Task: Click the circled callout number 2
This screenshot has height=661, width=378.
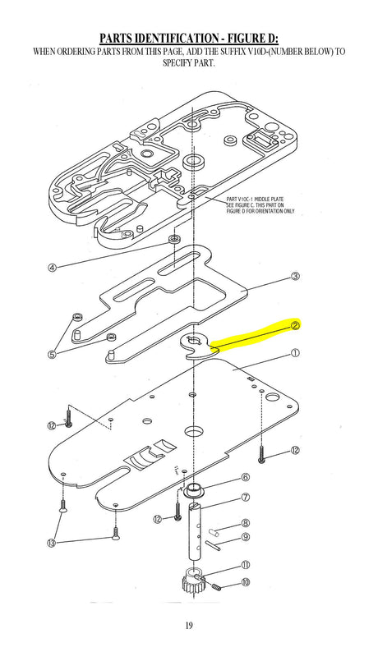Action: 295,325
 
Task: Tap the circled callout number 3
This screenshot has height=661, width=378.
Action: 296,277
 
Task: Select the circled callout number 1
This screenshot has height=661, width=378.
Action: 295,353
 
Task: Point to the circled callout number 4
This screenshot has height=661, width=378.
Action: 52,267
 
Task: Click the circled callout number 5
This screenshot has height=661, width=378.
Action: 52,354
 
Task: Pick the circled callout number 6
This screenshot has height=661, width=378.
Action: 245,478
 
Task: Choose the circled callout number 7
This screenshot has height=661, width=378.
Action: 245,498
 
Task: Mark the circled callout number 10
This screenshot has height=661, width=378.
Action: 246,582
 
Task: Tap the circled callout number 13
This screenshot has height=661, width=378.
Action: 52,543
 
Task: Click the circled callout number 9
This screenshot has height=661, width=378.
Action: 246,537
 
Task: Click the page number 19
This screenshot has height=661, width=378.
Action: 189,625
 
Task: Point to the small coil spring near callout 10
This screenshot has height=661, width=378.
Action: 215,587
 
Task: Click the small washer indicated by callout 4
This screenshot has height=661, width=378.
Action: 174,240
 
